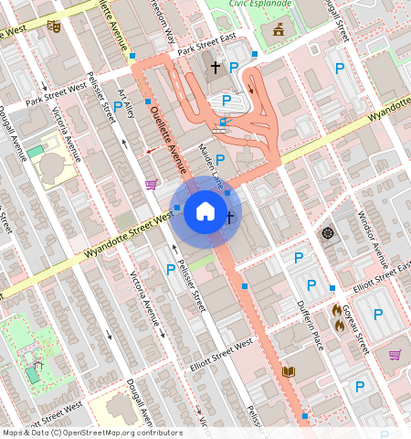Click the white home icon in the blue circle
(x=205, y=212)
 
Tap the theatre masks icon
(x=54, y=27)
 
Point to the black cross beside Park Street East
(x=216, y=67)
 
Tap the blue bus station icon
(x=223, y=122)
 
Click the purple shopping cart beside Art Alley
(x=151, y=185)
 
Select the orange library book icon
(x=289, y=371)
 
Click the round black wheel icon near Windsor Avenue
(x=328, y=232)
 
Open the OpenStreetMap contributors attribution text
(x=91, y=433)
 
